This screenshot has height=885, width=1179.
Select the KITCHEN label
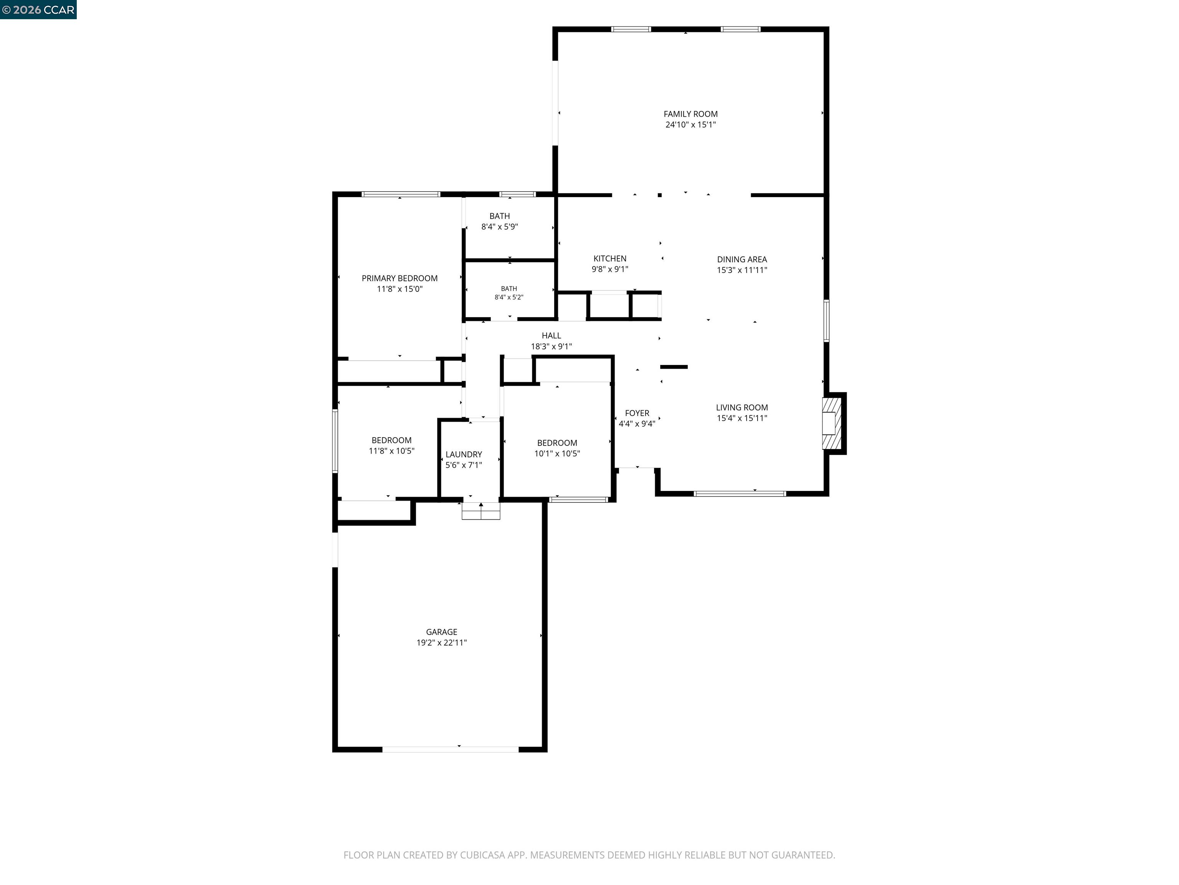[610, 259]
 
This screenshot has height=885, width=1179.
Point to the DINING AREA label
[742, 260]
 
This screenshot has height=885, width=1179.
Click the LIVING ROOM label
[742, 408]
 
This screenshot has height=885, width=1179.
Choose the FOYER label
[637, 413]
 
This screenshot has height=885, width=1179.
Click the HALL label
[551, 336]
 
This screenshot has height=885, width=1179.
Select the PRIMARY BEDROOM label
[400, 278]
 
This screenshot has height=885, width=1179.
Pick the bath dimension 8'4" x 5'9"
[499, 227]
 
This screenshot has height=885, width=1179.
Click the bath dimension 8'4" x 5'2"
[509, 297]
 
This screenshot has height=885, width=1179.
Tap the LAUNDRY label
[464, 454]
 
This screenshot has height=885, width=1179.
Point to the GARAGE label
[441, 632]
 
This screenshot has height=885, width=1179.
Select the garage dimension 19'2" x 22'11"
[441, 643]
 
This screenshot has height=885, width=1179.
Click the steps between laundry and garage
[481, 510]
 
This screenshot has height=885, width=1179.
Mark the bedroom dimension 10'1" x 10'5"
[557, 453]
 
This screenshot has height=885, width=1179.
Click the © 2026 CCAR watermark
[38, 10]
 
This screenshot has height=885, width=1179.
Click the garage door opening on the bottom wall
[451, 749]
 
